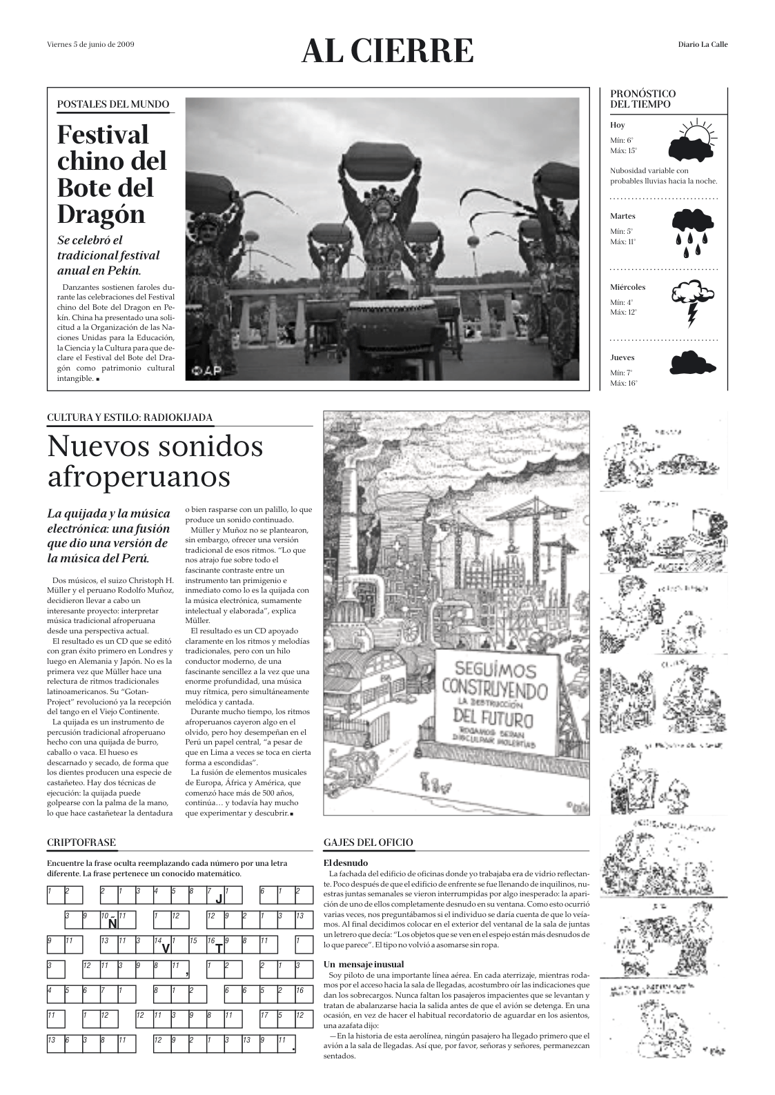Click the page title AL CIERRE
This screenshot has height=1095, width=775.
coord(387,52)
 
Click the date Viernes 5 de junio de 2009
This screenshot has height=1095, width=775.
coord(90,45)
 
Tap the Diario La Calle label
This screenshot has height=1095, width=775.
coord(703,45)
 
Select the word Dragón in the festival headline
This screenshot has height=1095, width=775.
coord(101,215)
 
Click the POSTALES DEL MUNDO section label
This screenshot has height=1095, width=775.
coord(112,104)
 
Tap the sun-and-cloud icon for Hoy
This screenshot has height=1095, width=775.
coord(692,141)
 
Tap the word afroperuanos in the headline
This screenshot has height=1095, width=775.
coord(138,476)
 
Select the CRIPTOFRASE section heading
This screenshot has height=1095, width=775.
coord(81,842)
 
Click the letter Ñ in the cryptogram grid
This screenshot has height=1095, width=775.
coord(112,924)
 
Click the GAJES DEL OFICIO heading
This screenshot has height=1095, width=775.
coord(368,842)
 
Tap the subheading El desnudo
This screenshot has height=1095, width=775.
coord(346,863)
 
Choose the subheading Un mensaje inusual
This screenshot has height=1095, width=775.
coord(364,964)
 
